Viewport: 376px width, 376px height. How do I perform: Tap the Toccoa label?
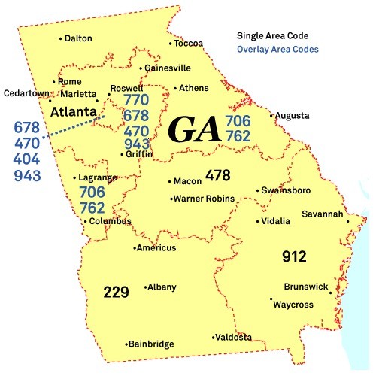click(188, 44)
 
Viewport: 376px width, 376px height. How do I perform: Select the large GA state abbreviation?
click(194, 129)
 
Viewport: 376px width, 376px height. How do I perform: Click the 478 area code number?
click(217, 175)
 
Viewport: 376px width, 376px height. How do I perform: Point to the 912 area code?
click(294, 257)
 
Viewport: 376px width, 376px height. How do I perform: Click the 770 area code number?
click(136, 100)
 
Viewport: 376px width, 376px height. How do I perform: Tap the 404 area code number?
click(27, 159)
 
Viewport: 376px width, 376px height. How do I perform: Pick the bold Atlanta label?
click(73, 112)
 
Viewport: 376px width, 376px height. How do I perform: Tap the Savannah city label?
click(323, 214)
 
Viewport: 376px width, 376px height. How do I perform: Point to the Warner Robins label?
click(203, 199)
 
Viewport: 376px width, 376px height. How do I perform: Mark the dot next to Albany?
click(145, 287)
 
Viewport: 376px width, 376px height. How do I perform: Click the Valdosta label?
click(234, 338)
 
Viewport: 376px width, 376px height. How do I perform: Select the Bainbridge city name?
click(152, 344)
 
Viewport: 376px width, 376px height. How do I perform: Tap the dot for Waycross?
click(271, 300)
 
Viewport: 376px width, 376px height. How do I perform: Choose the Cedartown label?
click(26, 94)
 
